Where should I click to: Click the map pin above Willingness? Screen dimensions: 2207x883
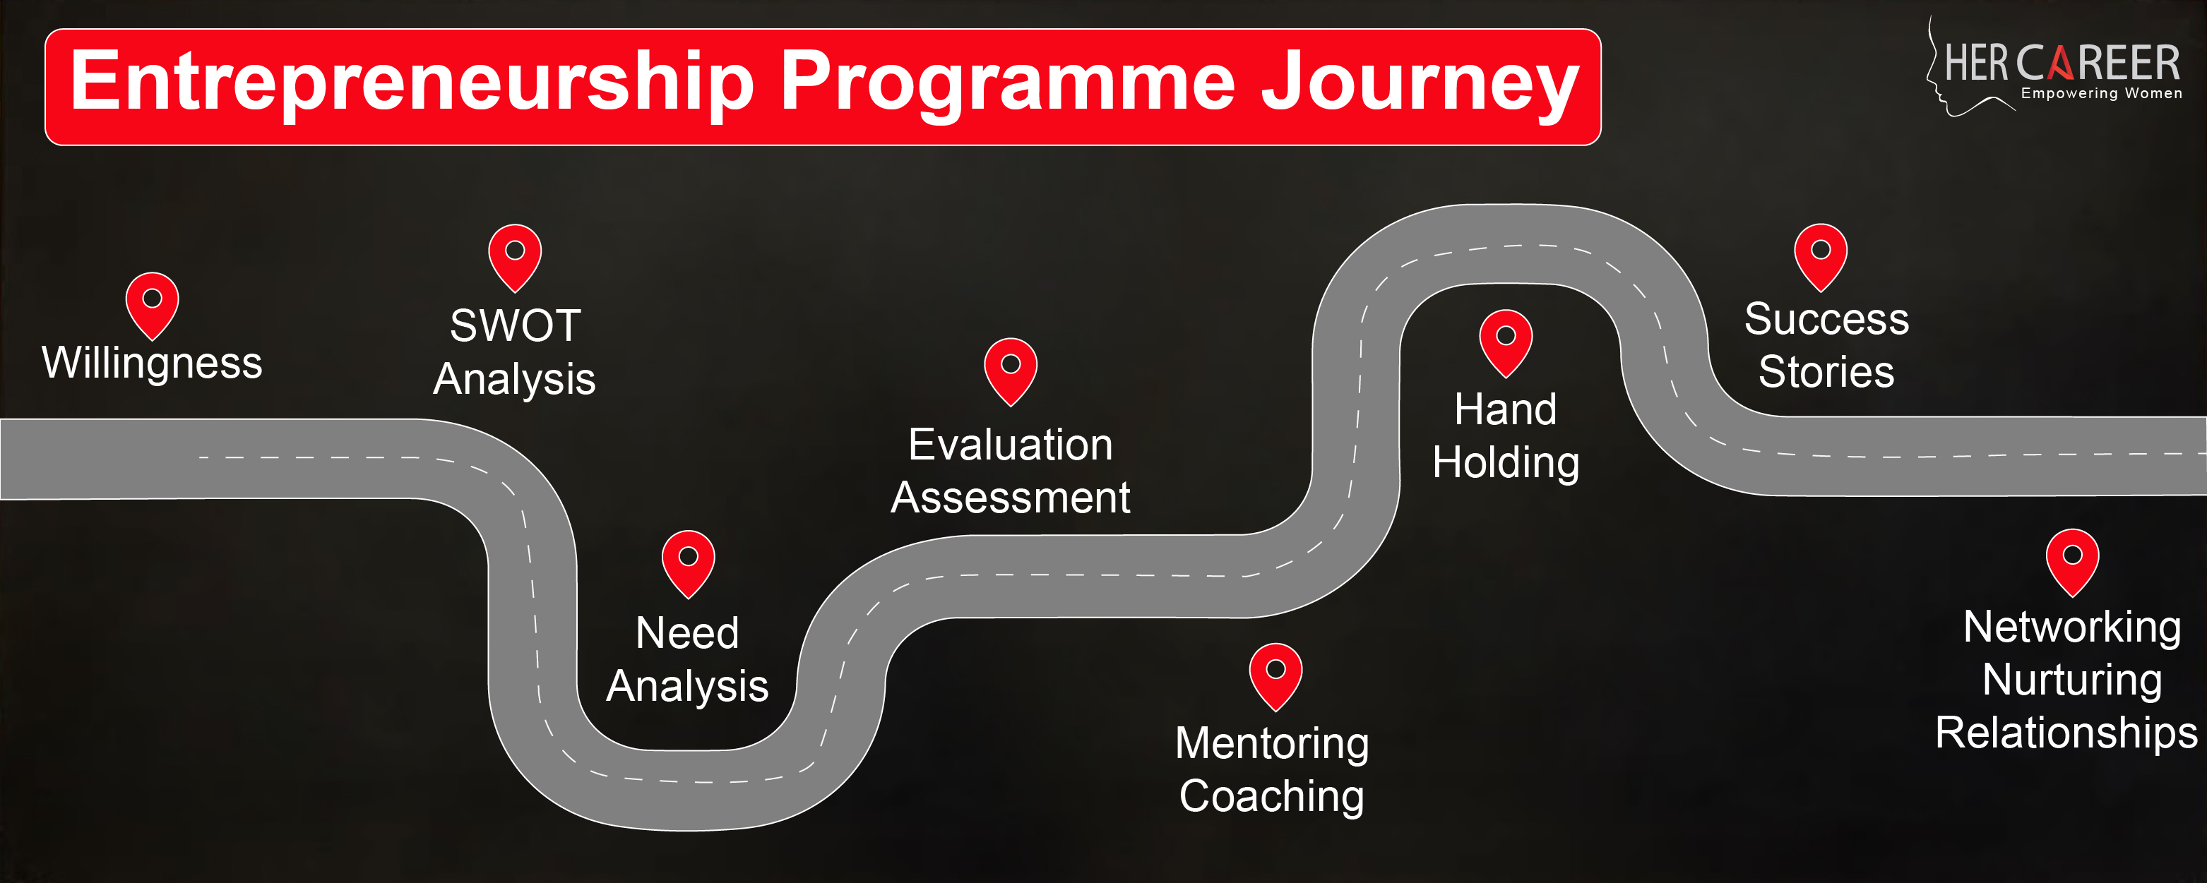click(153, 306)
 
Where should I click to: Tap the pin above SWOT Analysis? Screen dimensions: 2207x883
click(515, 258)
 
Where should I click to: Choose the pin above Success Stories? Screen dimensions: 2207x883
click(1821, 257)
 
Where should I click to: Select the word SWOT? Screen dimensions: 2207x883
click(516, 325)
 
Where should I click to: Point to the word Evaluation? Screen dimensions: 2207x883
click(1011, 445)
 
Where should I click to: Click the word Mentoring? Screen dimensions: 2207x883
click(1272, 744)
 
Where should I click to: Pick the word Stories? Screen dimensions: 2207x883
click(1826, 372)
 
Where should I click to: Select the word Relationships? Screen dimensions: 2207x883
click(2066, 734)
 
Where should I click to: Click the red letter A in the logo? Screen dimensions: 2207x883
click(2062, 64)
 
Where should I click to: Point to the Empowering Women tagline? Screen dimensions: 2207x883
click(2102, 93)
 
